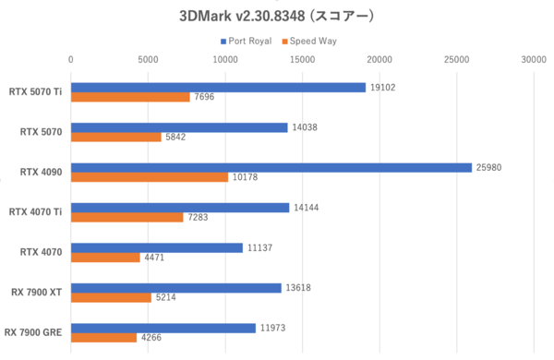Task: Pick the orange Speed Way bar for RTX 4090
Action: coord(150,177)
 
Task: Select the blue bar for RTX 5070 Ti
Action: coord(218,88)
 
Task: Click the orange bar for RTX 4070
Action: coord(105,258)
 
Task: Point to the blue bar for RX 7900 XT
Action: coord(175,288)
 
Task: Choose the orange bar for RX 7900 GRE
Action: coord(103,337)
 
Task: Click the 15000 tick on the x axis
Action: coord(301,59)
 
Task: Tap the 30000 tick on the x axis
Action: coord(531,59)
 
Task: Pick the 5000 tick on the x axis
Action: coord(148,59)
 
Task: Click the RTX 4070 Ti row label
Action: coord(35,211)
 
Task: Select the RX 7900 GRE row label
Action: coord(33,331)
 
